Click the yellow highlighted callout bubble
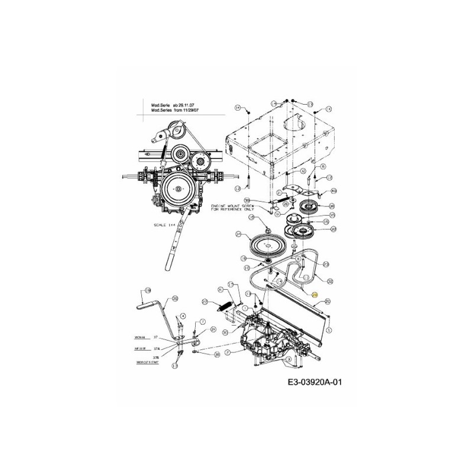click(315, 294)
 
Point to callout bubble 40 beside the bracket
click(333, 191)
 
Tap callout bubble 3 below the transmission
click(289, 359)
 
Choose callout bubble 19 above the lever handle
click(148, 290)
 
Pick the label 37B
click(157, 357)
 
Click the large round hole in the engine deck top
click(294, 125)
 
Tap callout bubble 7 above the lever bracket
click(202, 321)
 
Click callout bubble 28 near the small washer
click(217, 354)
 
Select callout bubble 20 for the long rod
click(328, 302)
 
